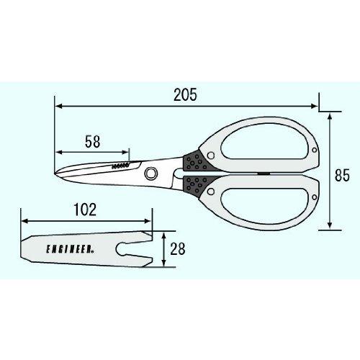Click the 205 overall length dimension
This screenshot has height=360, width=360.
(x=185, y=94)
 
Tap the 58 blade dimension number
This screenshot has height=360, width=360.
(x=93, y=142)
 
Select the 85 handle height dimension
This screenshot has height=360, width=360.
(x=342, y=175)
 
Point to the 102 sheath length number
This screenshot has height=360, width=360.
(x=85, y=210)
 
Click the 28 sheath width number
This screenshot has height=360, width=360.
(x=178, y=249)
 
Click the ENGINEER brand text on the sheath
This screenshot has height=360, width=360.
(x=70, y=249)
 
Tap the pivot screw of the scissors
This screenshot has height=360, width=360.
(x=151, y=173)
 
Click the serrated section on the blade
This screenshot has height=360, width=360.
(x=120, y=166)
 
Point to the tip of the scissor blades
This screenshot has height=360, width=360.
(x=55, y=173)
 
